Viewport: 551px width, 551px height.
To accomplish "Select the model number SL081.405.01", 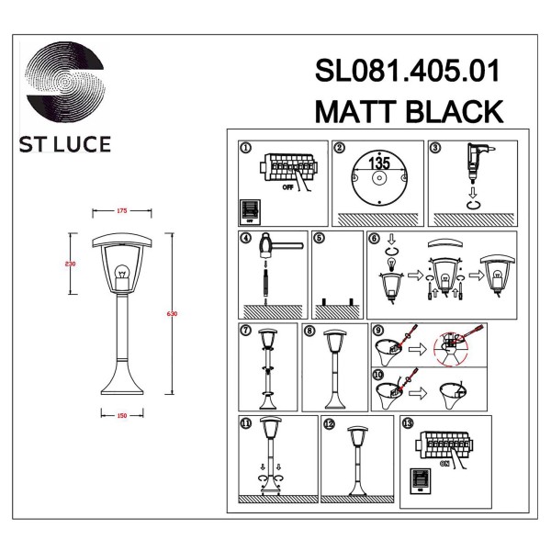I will pos(409,73).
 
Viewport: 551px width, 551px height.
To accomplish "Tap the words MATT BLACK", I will pos(409,111).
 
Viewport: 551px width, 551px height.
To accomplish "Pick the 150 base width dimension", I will pos(123,413).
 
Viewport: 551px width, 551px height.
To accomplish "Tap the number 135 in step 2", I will pos(379,162).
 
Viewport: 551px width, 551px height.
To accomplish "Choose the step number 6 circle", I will pos(374,239).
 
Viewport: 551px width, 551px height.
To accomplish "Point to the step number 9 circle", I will pos(377,331).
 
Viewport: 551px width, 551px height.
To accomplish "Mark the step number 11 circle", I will pos(245,423).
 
